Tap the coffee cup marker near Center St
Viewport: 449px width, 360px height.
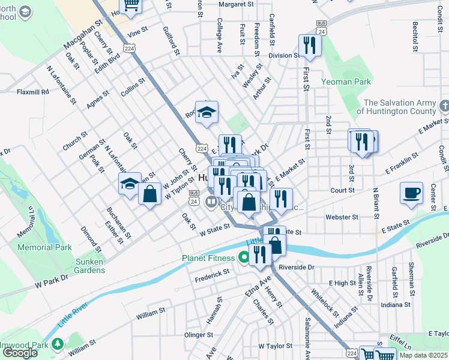412,193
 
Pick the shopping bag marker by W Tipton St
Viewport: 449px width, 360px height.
149,194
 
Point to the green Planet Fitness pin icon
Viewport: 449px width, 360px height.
244,258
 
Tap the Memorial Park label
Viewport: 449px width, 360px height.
44,247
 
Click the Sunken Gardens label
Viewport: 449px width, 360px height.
82,266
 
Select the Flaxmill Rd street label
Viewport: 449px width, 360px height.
32,92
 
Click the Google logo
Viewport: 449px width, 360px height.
20,353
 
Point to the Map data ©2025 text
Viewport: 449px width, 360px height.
423,355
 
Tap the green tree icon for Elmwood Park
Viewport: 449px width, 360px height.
58,344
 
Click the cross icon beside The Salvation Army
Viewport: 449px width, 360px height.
444,106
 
